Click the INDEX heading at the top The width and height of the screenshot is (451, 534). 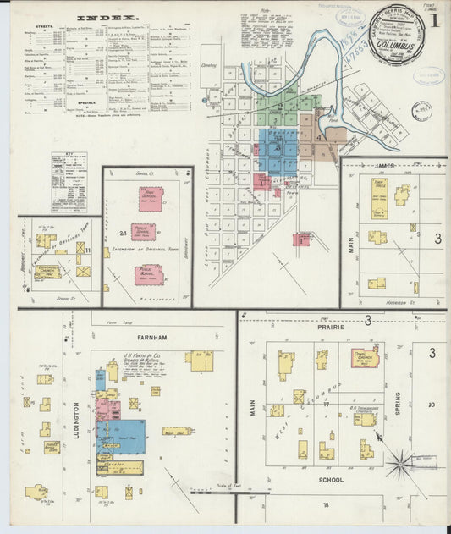tap(107, 17)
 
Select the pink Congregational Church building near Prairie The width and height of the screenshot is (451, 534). tap(365, 357)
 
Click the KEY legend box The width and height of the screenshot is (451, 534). tap(69, 181)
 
